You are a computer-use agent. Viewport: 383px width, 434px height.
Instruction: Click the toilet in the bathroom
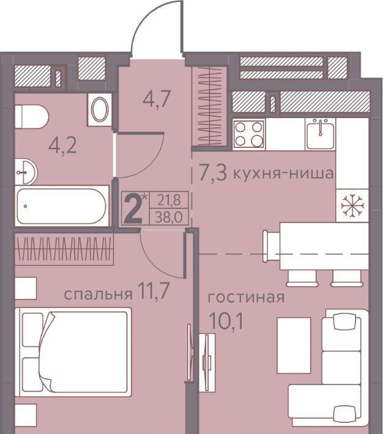31,117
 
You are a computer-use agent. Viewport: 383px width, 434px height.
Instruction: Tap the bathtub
62,206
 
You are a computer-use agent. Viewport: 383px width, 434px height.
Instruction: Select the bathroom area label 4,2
62,146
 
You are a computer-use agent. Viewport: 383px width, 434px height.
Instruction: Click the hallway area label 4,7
156,100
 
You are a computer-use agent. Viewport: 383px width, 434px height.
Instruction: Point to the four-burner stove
249,134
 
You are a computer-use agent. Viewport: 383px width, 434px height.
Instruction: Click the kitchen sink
320,134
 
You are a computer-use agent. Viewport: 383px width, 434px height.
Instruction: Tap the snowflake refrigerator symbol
352,205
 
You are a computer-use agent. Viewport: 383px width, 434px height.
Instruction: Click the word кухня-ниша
283,174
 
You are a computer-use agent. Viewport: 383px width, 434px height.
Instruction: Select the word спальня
98,294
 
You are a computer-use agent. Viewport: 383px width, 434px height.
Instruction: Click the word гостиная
246,298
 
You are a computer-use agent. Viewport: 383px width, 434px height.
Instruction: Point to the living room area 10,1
227,321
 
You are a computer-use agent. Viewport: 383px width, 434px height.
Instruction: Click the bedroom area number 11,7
155,292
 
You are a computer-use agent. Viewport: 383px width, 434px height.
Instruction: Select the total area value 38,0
169,218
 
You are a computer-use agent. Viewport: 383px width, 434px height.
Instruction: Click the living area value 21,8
169,200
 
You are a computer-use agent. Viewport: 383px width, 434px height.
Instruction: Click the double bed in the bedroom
73,352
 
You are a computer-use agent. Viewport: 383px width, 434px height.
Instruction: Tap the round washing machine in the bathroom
100,110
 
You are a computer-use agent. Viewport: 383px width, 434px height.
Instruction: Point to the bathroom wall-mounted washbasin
26,172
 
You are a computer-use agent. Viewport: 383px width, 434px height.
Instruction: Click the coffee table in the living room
294,345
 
